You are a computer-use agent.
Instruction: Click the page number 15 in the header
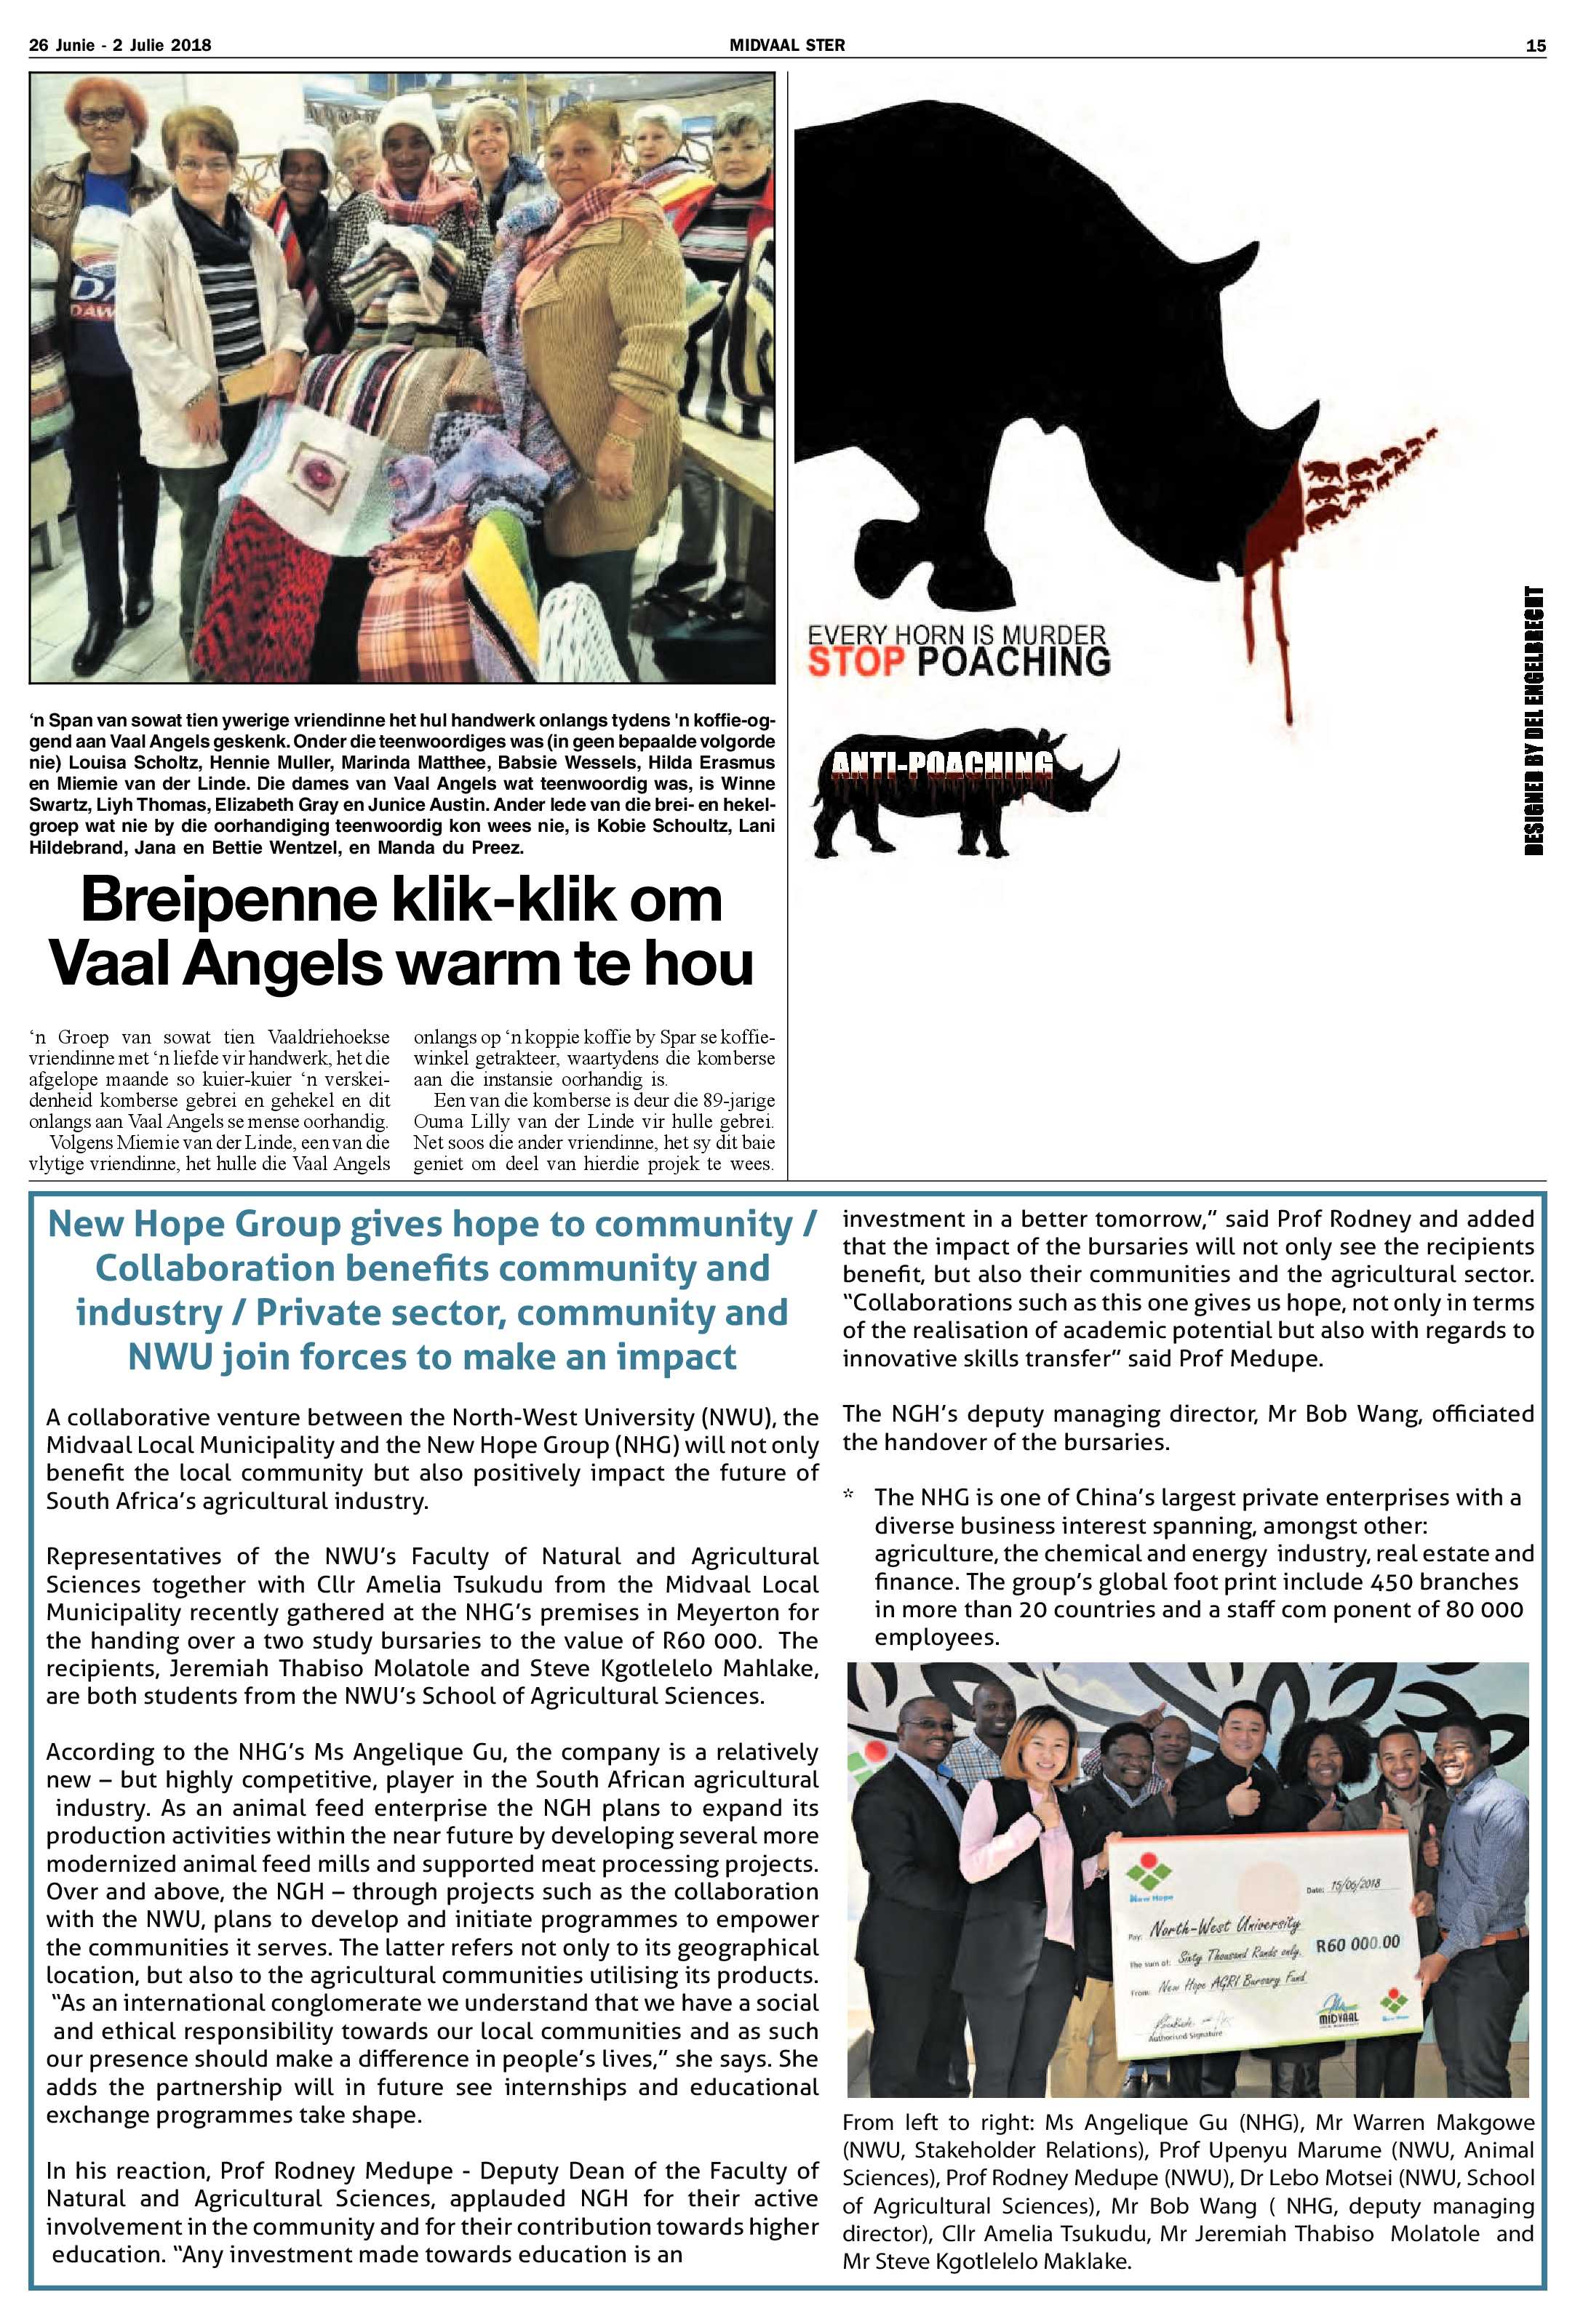(x=1535, y=45)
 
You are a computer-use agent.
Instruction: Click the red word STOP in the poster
(x=856, y=662)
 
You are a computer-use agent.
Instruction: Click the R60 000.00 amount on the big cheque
(x=1358, y=1944)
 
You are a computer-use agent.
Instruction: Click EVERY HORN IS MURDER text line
(x=956, y=635)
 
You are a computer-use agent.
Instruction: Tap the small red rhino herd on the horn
(x=1368, y=474)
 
